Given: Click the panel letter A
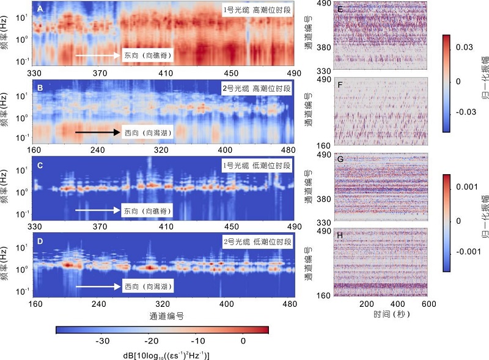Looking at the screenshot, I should (40, 9).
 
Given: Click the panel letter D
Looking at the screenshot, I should (40, 242).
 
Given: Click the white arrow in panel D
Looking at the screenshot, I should (98, 286).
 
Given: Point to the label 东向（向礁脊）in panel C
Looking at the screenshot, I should (146, 211).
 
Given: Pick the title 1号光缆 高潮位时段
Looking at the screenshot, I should (257, 10).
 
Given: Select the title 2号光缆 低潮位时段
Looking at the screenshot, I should (257, 243).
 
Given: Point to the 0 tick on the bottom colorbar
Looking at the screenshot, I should (243, 340).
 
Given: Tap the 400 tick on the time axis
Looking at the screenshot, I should (397, 304).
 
